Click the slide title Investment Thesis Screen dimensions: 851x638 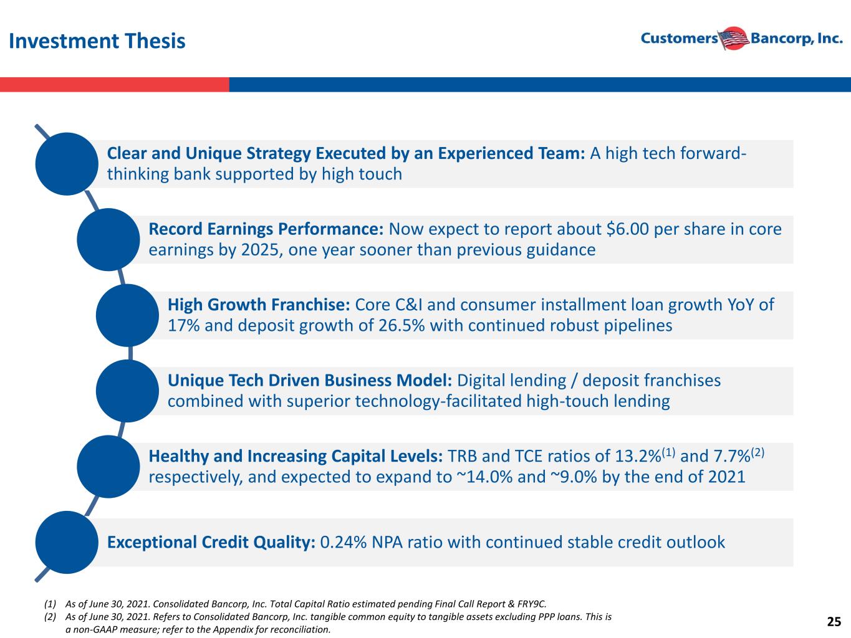pos(97,41)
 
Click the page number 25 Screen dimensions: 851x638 pos(834,622)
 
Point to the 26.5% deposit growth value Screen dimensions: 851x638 pos(401,325)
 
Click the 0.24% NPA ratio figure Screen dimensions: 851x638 pos(343,542)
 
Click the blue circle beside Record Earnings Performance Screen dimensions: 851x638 pos(108,240)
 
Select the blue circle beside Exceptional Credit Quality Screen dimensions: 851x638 pos(67,542)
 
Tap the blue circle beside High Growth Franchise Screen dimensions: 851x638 pos(127,315)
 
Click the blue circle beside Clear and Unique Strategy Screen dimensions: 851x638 pos(67,164)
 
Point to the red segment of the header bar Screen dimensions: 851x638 pos(114,85)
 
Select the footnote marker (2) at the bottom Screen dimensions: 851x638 pos(50,617)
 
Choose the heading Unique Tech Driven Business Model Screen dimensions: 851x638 pos(310,381)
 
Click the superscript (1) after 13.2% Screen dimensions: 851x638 pos(668,452)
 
